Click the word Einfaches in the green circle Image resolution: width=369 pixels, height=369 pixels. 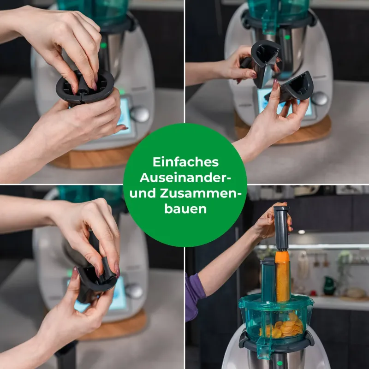click(186, 162)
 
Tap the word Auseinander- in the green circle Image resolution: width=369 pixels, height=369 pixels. click(185, 178)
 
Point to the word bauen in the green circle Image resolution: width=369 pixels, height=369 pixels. click(185, 208)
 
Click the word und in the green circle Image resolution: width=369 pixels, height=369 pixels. click(143, 193)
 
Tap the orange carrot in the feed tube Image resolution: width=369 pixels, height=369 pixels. click(282, 276)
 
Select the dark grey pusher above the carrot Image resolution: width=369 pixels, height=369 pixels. click(281, 228)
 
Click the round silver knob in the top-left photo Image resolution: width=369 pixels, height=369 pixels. click(140, 114)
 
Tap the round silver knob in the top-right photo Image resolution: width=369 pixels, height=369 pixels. click(319, 98)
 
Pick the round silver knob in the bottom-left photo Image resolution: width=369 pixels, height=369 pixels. click(134, 291)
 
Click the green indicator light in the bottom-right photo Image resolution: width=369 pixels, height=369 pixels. click(279, 363)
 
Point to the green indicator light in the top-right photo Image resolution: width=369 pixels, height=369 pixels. click(287, 37)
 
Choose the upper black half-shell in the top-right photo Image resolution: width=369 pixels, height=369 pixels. click(262, 62)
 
